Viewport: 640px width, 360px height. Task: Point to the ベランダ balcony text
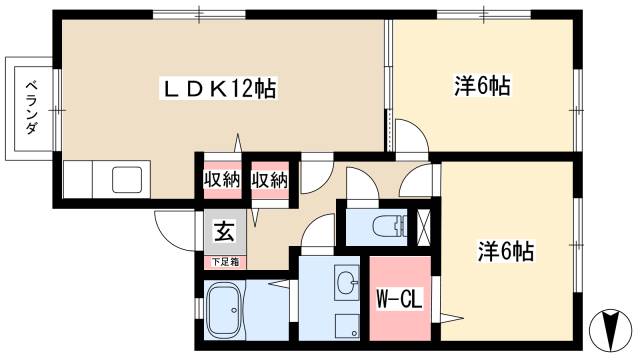(x=32, y=107)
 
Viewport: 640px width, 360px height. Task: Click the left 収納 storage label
(x=222, y=180)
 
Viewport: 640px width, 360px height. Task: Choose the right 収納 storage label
(x=270, y=180)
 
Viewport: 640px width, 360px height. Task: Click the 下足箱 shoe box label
(x=224, y=262)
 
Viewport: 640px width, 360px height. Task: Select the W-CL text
(x=398, y=299)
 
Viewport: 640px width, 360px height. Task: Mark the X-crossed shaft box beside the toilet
(x=424, y=226)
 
